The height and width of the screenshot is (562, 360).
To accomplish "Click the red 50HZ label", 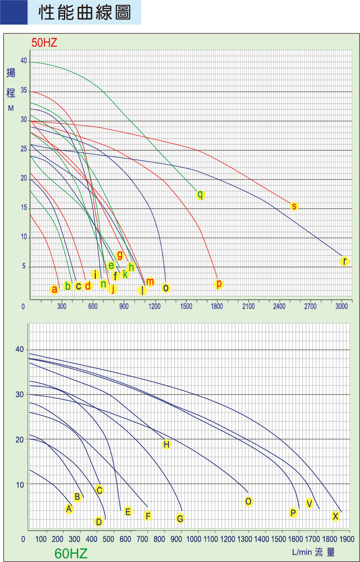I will click(44, 42).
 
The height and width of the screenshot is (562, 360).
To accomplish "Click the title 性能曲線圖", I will click(85, 12).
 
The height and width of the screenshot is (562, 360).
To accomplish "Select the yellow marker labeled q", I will click(200, 195).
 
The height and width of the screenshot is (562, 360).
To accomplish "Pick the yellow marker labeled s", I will click(294, 206).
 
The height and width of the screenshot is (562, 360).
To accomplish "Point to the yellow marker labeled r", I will click(344, 261).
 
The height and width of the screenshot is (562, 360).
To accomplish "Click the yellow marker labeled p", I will click(219, 284).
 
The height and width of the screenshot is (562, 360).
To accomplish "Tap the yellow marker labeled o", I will click(166, 288).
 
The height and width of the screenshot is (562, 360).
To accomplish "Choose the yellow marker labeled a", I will click(54, 290).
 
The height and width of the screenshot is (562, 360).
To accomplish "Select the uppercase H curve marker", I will click(166, 444).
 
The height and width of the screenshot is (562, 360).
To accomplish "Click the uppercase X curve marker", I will click(336, 516).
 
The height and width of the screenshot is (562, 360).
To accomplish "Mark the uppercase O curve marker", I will click(248, 501).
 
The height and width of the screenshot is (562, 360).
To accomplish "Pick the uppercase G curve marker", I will click(180, 519).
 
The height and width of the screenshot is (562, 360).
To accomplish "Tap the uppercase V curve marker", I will click(309, 503).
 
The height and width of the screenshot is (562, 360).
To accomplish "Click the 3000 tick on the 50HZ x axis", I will click(342, 306).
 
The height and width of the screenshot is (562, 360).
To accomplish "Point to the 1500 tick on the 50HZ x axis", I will click(186, 306).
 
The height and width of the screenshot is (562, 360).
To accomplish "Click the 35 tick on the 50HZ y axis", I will click(23, 91).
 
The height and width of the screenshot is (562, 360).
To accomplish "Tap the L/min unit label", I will click(301, 552).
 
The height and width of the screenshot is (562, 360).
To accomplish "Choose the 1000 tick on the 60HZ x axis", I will click(194, 539).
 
